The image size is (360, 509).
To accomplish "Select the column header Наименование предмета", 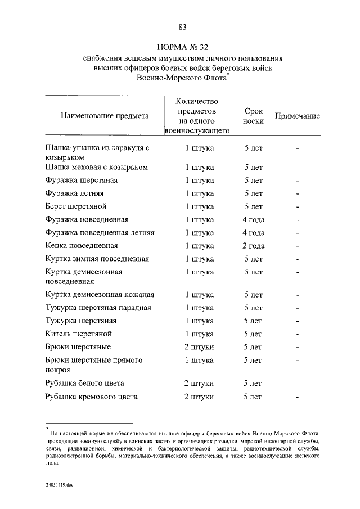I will (105, 116).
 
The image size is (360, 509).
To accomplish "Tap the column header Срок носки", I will (254, 116).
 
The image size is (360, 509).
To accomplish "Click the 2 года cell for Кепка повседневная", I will (253, 246).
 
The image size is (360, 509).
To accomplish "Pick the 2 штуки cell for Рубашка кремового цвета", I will (199, 397).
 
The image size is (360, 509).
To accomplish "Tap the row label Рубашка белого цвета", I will (84, 384).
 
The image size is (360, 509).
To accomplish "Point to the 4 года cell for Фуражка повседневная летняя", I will (253, 233).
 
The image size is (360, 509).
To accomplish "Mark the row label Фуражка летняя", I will (74, 193).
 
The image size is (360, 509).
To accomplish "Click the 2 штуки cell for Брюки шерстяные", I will (199, 346).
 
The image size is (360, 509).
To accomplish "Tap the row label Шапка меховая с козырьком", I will (96, 168).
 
